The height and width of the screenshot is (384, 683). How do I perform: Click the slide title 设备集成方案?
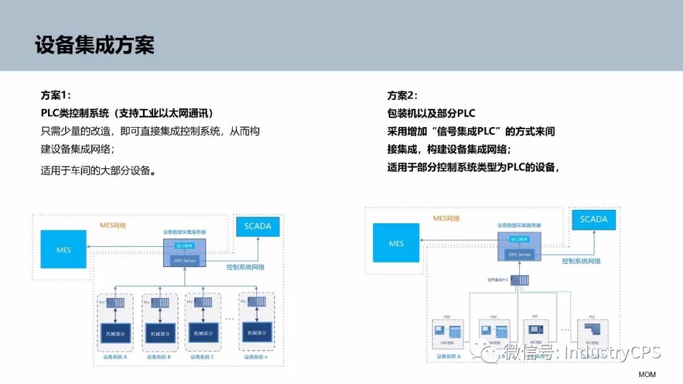95,46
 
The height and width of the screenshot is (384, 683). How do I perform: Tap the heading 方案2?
402,96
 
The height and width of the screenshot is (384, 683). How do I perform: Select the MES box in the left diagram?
64,249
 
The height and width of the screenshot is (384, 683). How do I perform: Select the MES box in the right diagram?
396,244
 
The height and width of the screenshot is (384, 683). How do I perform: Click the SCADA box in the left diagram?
257,226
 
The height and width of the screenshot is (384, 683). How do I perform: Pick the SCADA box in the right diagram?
593,220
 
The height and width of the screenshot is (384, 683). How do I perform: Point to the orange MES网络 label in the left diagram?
113,225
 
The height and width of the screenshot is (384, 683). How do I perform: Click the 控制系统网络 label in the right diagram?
581,261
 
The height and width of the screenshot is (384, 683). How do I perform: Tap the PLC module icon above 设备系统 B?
160,303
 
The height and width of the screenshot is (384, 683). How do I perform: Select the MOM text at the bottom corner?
647,375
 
